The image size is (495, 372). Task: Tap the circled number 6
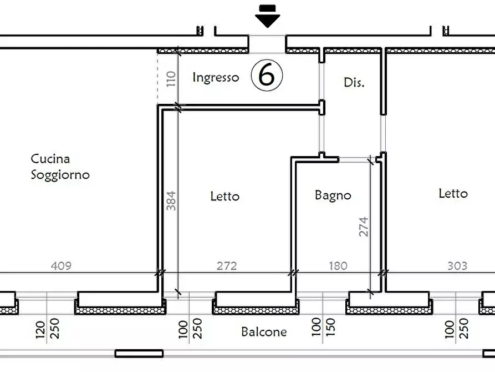(x=267, y=76)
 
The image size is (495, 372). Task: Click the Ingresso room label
(x=216, y=77)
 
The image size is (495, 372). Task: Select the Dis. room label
(x=354, y=83)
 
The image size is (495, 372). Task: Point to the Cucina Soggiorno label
(x=60, y=167)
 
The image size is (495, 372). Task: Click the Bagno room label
(x=333, y=195)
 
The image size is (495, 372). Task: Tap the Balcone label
(x=264, y=332)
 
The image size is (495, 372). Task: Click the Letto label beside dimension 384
(x=224, y=196)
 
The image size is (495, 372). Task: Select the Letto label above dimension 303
(x=453, y=193)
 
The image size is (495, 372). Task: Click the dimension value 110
(x=171, y=78)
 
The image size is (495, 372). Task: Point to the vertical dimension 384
(x=171, y=201)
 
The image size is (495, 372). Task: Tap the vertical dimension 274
(x=364, y=227)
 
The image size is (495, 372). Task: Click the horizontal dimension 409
(x=61, y=266)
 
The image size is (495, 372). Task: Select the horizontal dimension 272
(x=227, y=266)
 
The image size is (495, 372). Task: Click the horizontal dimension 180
(x=338, y=266)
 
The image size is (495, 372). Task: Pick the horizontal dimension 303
(x=457, y=266)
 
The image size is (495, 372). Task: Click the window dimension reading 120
(x=40, y=329)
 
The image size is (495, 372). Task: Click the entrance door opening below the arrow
(x=267, y=43)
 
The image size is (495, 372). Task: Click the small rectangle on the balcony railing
(x=139, y=353)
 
